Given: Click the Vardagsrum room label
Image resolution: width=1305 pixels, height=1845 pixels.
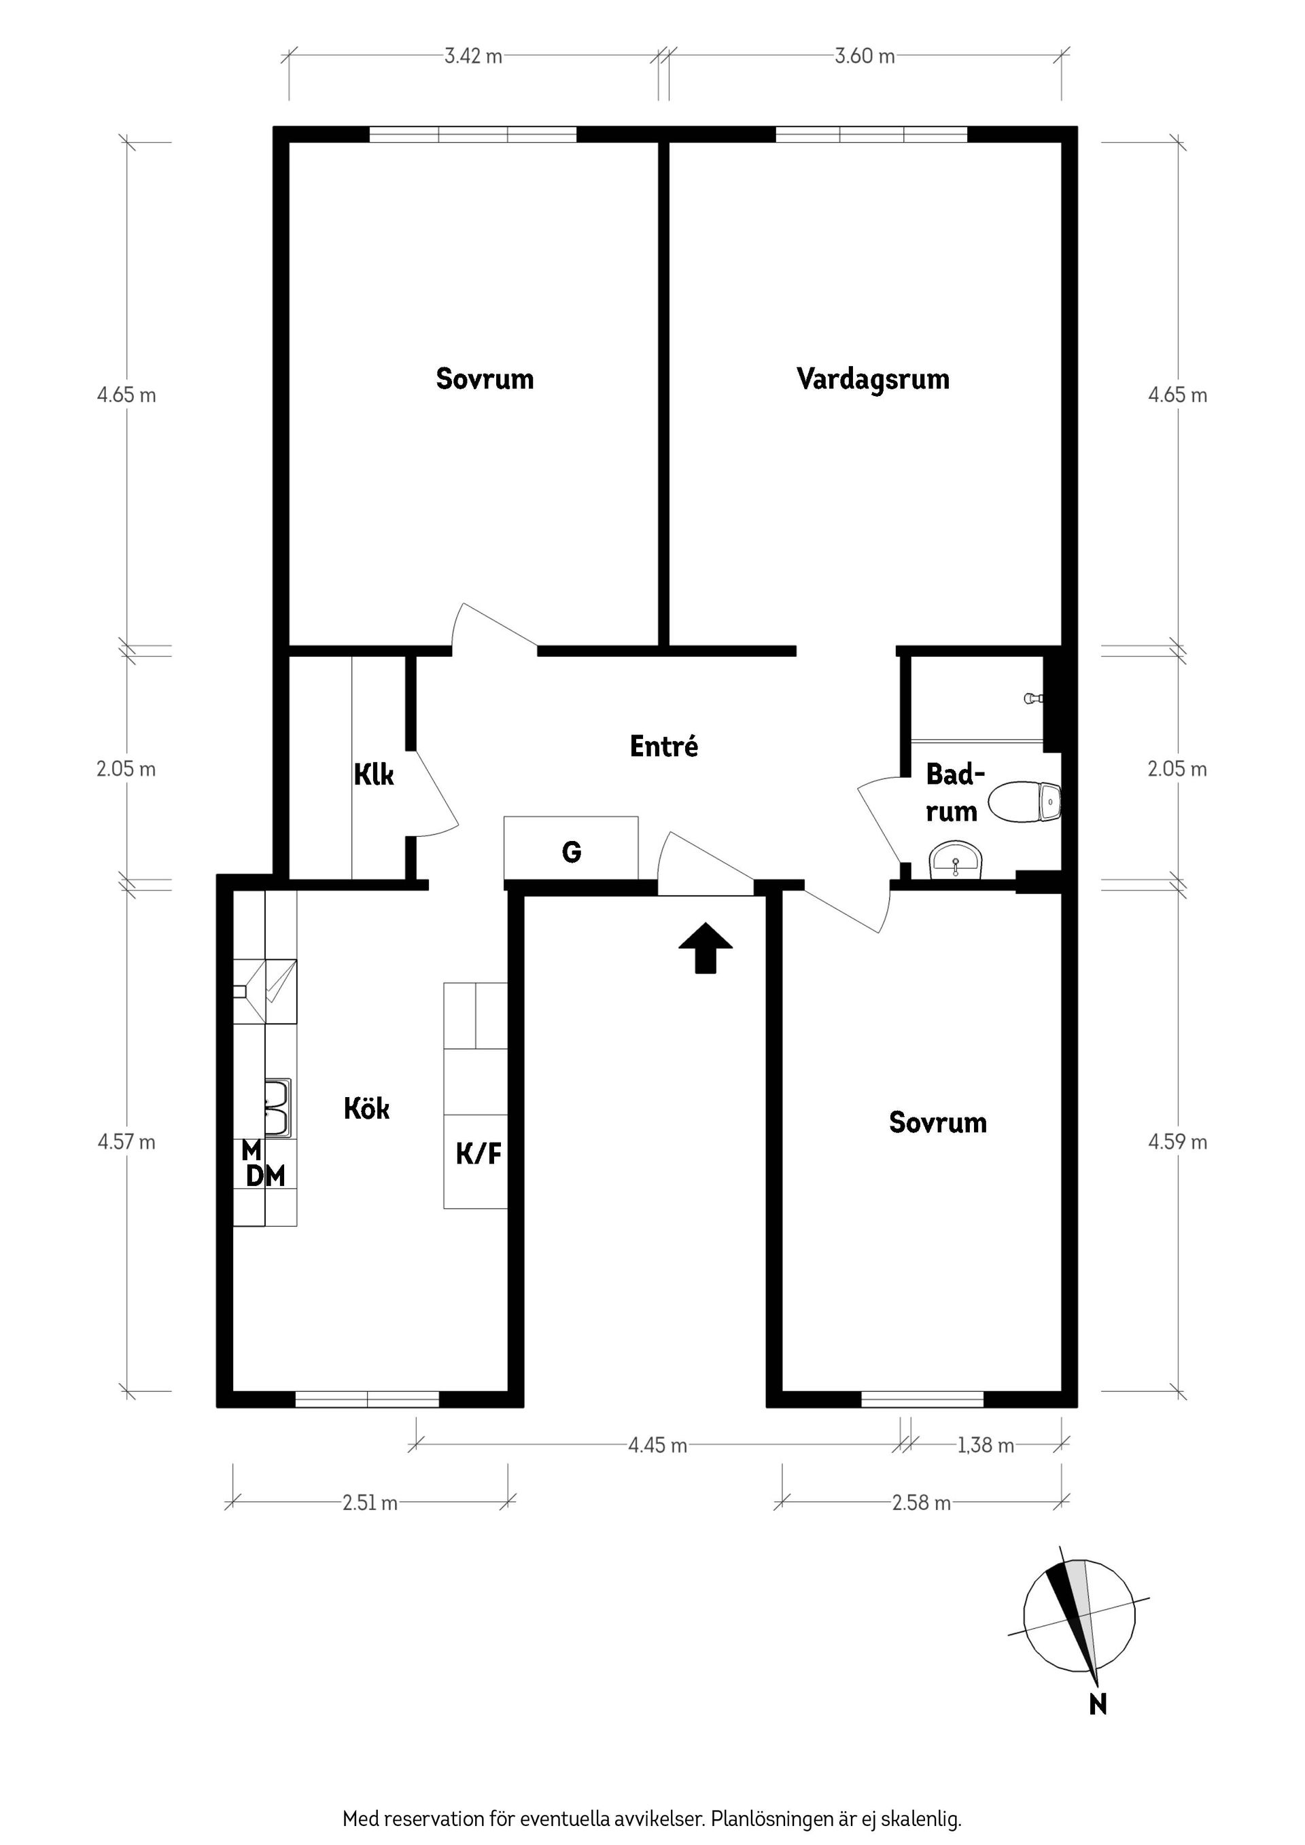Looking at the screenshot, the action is (873, 379).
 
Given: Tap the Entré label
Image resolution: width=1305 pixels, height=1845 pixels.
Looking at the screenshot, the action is (663, 746).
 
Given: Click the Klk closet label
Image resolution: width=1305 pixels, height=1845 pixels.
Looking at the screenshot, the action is (374, 774).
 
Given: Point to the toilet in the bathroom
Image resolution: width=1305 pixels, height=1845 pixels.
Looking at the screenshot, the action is (1024, 802).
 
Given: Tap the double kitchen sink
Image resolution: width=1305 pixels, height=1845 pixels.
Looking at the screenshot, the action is (277, 1108).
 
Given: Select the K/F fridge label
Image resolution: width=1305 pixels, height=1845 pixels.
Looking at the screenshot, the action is (478, 1154).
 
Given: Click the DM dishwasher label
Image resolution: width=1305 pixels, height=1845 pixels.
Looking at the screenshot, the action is (265, 1177).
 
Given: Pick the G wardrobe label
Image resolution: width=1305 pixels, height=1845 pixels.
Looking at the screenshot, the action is (571, 852).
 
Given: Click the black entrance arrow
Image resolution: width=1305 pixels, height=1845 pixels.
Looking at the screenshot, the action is (705, 948).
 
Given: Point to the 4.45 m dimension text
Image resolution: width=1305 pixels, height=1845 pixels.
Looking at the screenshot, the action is (658, 1446).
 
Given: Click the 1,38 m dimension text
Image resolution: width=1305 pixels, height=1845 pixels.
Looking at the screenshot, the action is (985, 1446).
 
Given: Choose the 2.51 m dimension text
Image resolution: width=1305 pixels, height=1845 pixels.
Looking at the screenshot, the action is (370, 1503).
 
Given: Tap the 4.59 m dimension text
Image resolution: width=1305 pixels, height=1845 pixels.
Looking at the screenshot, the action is (1177, 1142).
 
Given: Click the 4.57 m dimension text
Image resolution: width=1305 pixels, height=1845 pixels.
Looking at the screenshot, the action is (126, 1142).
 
